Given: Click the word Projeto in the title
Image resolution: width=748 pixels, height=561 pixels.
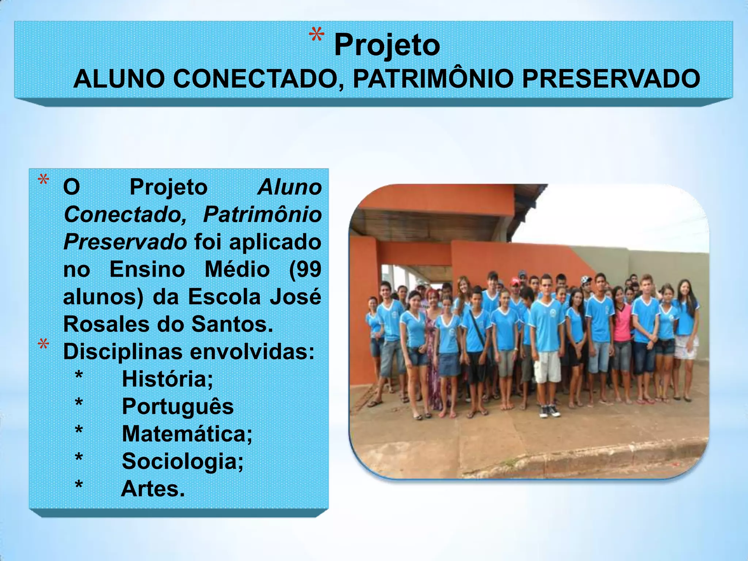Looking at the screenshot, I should (x=387, y=45).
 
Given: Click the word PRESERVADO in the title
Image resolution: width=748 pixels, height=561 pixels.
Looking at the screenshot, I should (x=611, y=79).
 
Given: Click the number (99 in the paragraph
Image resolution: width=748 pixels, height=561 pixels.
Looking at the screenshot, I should (x=305, y=270).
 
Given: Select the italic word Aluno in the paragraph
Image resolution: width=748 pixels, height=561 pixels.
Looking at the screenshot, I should (x=290, y=187).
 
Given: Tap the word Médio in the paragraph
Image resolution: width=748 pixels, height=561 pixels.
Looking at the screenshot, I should (x=237, y=270).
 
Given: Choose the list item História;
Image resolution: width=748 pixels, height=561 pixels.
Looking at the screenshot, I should (x=167, y=379).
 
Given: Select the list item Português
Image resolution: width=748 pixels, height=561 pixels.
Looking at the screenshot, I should (x=178, y=407).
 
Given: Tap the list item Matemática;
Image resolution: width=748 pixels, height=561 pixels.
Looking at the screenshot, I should (x=187, y=434).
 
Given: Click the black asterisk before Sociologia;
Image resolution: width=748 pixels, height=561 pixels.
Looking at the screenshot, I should (x=79, y=458).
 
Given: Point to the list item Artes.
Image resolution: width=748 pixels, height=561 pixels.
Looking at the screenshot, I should (x=153, y=489).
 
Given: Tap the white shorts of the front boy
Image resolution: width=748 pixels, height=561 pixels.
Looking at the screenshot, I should (x=547, y=366).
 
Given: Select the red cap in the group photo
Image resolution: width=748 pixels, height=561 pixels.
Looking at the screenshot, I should (x=515, y=282).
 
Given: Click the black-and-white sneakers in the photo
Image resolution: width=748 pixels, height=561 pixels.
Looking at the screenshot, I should (x=549, y=412).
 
